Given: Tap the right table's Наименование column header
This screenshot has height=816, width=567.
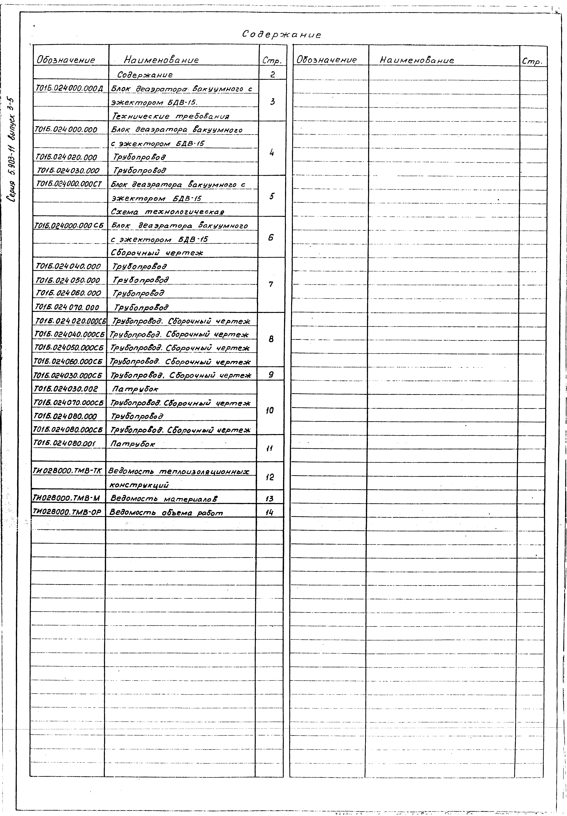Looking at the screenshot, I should (x=417, y=60).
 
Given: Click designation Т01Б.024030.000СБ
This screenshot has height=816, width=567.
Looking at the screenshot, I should (x=68, y=375).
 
